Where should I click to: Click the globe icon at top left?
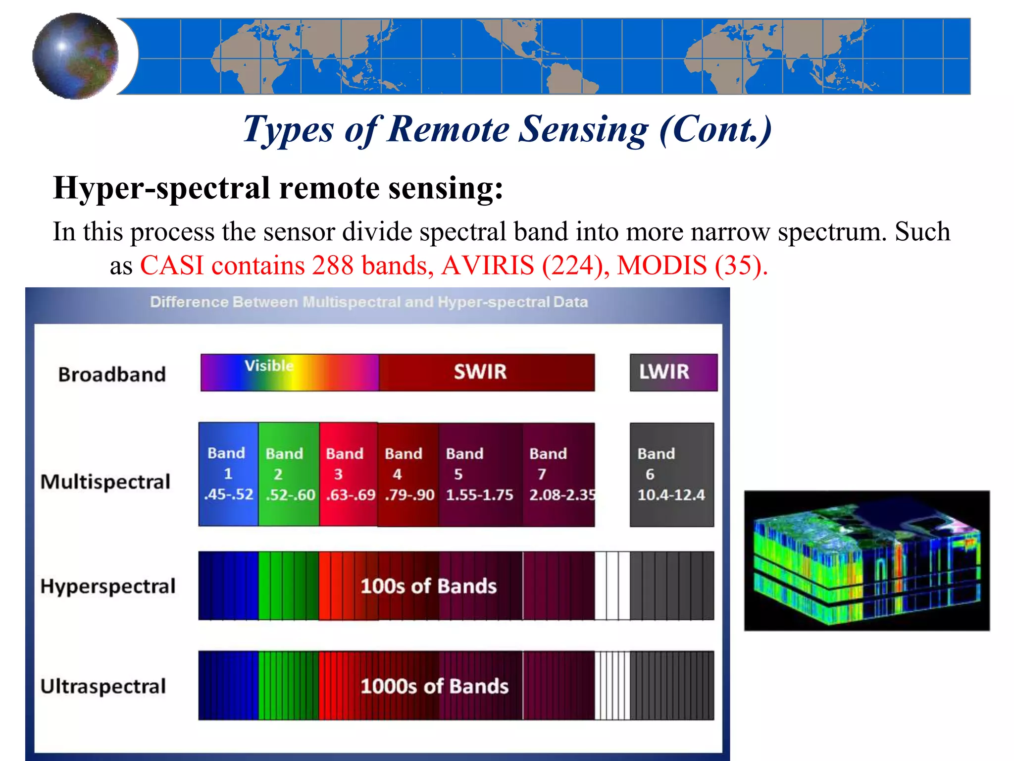coord(75,56)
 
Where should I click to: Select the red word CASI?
coord(172,266)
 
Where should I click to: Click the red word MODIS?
coord(661,266)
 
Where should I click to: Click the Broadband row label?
coord(112,375)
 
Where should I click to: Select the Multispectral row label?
coord(105,482)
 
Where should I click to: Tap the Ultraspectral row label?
coord(103,686)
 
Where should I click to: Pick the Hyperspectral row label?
coord(108,586)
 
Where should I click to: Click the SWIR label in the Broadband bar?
coord(480,372)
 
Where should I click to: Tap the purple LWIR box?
coord(673,372)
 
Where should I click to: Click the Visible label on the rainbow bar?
coord(269,366)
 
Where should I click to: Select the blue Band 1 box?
coord(228,474)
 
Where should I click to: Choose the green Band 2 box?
coord(289,474)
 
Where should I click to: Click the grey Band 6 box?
coord(671,474)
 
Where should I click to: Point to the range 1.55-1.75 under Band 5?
coord(479,495)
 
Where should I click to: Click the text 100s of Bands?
coord(428,586)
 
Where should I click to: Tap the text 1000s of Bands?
coord(434,686)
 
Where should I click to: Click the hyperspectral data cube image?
coord(866,561)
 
